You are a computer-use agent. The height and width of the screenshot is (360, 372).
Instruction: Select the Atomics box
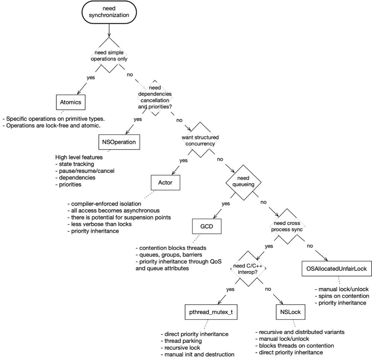click(x=71, y=102)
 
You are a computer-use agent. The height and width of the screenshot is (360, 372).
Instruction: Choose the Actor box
click(x=165, y=183)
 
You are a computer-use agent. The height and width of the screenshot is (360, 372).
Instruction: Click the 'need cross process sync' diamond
click(x=286, y=226)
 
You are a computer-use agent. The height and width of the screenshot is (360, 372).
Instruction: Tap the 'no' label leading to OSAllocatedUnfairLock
click(x=310, y=246)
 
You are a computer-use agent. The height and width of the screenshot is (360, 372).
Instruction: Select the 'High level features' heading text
click(x=79, y=157)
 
